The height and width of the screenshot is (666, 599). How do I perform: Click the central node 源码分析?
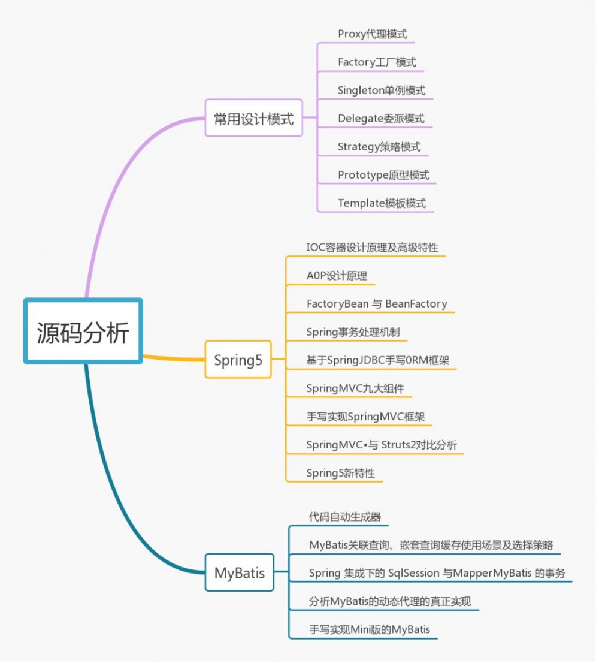pos(83,332)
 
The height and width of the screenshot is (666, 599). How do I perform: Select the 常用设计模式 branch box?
pos(253,119)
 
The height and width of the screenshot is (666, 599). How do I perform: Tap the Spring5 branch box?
pos(238,360)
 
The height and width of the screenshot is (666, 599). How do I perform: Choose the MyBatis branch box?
pos(239,572)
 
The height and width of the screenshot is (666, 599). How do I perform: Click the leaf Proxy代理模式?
pos(372,34)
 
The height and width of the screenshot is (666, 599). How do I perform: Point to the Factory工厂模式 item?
pos(377,62)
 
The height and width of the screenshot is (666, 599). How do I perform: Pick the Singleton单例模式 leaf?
pos(382,91)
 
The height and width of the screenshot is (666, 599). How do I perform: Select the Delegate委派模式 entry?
pos(381,119)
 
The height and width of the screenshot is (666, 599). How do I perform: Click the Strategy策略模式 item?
pos(379,147)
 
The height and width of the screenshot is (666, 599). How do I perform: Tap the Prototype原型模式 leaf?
pos(383,175)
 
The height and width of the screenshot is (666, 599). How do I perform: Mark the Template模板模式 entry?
pos(382,203)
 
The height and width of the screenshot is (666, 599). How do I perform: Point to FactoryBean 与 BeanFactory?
pos(377,304)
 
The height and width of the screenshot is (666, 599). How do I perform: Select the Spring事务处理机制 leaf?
pos(353,332)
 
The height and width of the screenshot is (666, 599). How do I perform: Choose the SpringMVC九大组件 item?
pos(355,388)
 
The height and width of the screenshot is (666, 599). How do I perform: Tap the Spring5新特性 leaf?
pos(340,473)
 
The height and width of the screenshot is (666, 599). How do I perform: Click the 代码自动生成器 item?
pos(344,516)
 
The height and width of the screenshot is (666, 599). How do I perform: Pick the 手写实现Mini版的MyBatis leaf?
pos(370,629)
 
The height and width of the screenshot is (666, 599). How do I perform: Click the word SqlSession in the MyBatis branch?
pos(413,573)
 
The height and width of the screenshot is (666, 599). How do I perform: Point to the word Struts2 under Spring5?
pos(402,445)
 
